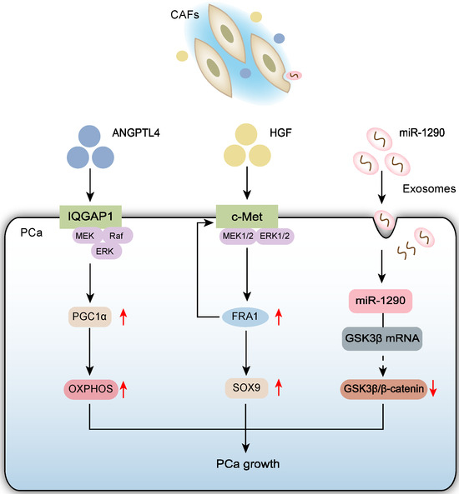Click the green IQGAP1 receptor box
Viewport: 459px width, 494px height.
(x=97, y=217)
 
